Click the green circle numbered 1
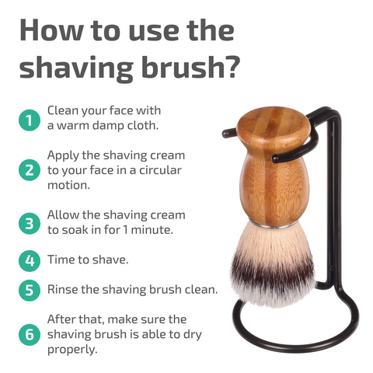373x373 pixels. point(30,120)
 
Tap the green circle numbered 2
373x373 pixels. point(30,170)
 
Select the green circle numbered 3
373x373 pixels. point(30,223)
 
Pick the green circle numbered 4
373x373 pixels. point(30,260)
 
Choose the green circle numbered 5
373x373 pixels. point(30,290)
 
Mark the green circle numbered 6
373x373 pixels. point(30,334)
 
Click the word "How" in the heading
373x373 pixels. point(51,30)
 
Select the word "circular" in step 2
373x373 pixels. point(160,170)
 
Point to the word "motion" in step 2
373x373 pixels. point(68,186)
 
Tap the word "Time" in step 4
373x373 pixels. point(61,260)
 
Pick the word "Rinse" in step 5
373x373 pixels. point(62,290)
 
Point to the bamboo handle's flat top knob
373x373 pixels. point(274,123)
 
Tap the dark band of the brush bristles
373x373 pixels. point(273,274)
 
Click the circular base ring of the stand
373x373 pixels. point(295,344)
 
